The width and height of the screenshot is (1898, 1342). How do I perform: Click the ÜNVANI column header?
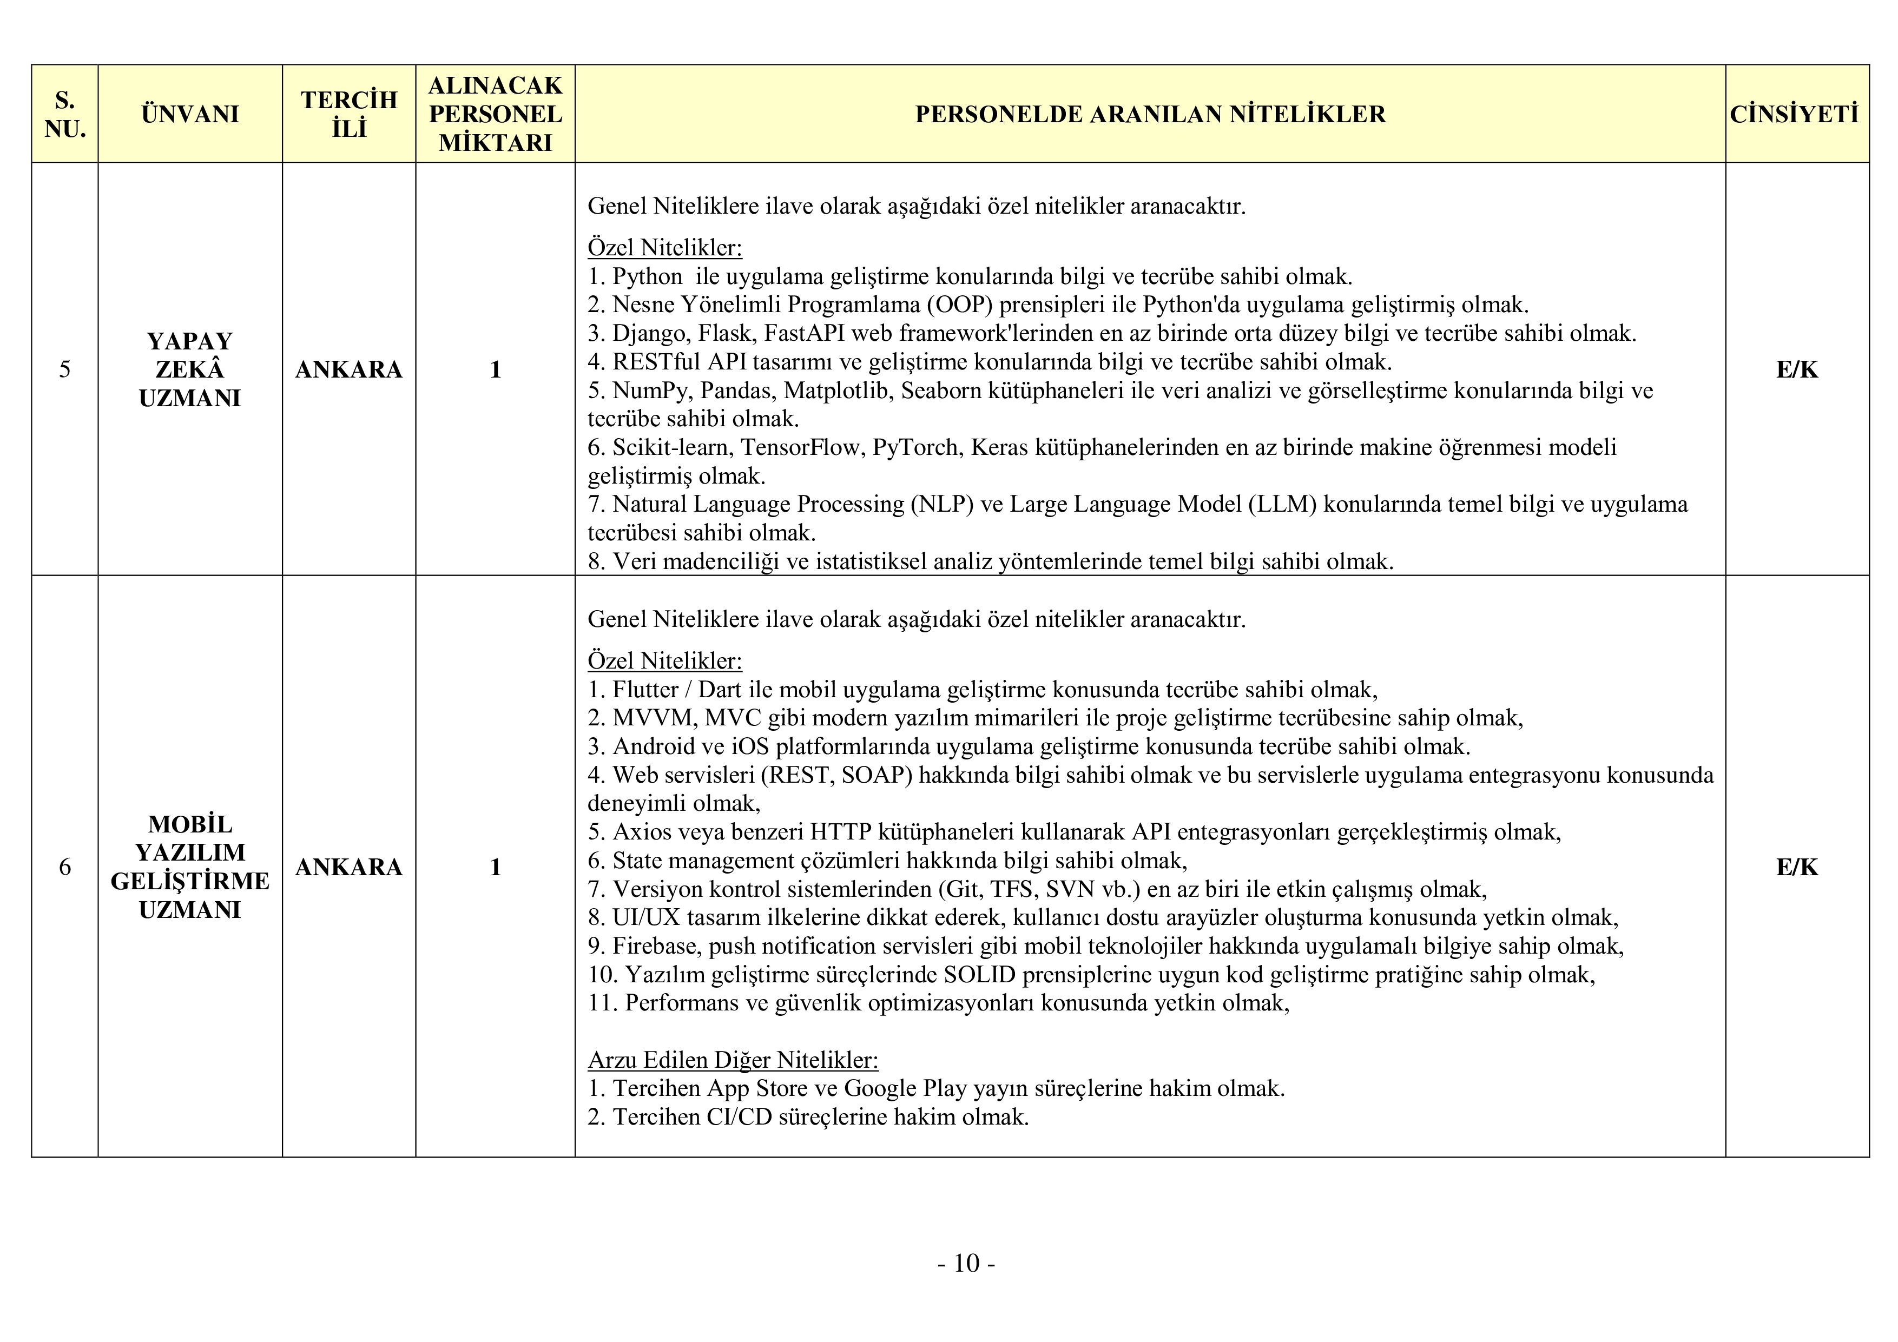tap(189, 114)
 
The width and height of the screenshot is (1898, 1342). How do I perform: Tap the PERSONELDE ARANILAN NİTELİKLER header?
tap(1150, 114)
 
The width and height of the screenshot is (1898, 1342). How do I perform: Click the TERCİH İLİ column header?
tap(349, 114)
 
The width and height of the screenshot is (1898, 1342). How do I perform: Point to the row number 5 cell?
tap(64, 369)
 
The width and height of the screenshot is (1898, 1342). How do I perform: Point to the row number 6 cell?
tap(64, 867)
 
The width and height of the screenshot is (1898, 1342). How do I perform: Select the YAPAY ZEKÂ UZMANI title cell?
tap(189, 369)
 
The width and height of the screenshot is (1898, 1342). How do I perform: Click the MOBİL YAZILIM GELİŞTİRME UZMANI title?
tap(189, 867)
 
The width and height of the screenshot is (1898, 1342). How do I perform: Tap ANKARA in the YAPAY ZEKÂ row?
tap(349, 369)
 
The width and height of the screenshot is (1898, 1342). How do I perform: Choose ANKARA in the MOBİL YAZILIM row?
tap(349, 867)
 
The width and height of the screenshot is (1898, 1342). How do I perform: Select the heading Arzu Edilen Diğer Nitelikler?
tap(733, 1060)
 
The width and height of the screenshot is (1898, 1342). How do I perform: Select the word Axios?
tap(643, 832)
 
